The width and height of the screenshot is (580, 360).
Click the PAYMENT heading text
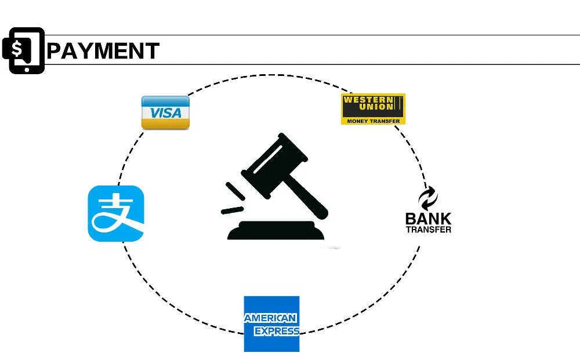[x=103, y=50]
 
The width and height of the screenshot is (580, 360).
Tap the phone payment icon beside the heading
[x=23, y=50]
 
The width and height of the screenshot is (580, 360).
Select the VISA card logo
[x=165, y=112]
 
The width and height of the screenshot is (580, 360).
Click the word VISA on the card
[x=166, y=112]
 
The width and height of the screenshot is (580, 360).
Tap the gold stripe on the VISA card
[x=165, y=124]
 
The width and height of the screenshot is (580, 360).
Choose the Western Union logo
[x=373, y=109]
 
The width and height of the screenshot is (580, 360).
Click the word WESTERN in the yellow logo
[x=368, y=100]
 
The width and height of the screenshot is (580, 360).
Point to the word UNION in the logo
[x=376, y=107]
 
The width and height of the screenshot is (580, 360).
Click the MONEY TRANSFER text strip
[x=373, y=121]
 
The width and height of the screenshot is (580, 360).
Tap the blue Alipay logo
[x=116, y=214]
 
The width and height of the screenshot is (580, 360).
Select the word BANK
[x=429, y=219]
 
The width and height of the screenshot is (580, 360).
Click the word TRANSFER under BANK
[x=429, y=230]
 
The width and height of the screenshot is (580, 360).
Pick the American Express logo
[x=271, y=324]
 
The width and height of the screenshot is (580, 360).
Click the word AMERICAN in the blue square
[x=270, y=318]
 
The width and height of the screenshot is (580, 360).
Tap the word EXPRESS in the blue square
[x=277, y=331]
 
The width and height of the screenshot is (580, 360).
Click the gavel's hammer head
[x=274, y=165]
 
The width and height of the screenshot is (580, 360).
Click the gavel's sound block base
[x=275, y=230]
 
